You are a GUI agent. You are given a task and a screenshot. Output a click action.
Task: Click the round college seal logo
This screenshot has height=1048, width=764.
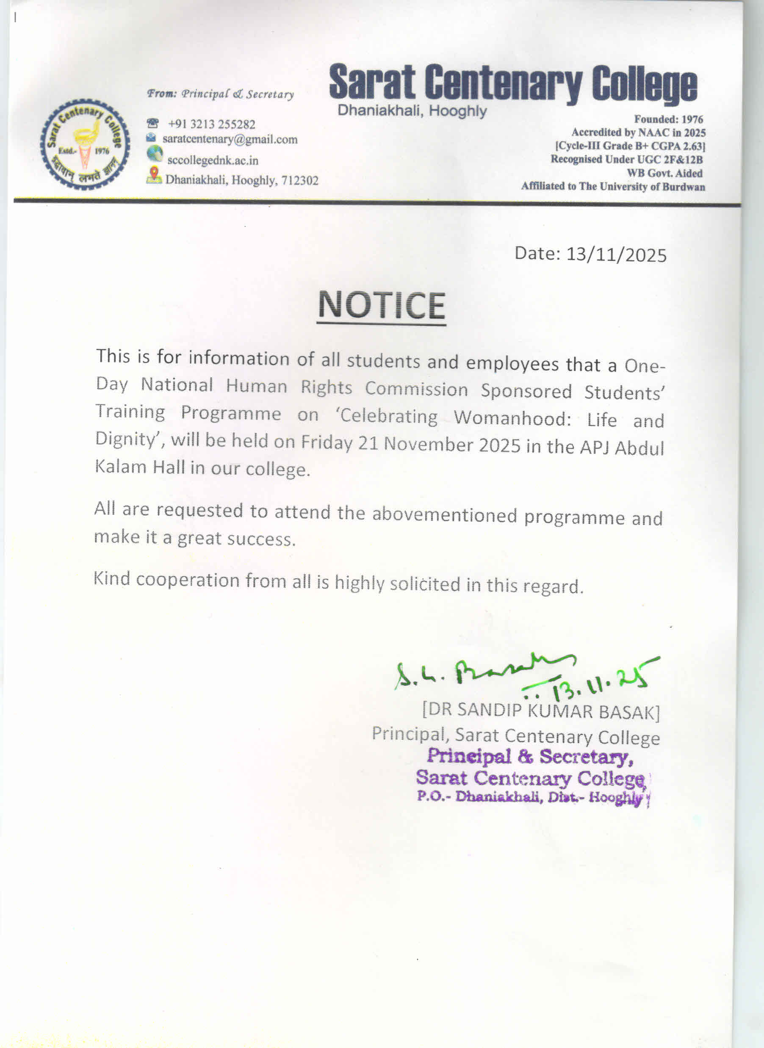point(85,144)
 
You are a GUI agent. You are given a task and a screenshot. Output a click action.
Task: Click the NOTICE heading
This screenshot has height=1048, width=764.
point(382,305)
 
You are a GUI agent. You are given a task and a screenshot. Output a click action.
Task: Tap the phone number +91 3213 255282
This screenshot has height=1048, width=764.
point(211,124)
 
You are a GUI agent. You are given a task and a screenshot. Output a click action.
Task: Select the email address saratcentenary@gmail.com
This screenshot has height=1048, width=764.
point(230,139)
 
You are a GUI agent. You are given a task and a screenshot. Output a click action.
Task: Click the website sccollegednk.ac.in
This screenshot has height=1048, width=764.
point(213,160)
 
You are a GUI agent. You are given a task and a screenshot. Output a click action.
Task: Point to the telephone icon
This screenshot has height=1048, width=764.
point(152,123)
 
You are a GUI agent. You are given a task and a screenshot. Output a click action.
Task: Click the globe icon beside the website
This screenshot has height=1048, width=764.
point(155,153)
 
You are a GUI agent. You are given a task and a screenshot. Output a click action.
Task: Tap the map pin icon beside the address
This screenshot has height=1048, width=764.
point(154,175)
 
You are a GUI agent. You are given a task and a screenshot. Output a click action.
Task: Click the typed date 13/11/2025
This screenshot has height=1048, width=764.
point(616,255)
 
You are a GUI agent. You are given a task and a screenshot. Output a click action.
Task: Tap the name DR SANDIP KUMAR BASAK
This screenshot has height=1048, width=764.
point(541,711)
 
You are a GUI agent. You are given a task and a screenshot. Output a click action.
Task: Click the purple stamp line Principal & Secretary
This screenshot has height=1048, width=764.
point(529,757)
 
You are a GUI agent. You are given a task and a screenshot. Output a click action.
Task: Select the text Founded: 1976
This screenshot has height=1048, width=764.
point(668,119)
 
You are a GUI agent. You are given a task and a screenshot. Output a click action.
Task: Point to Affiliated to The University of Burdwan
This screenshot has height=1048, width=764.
point(613,186)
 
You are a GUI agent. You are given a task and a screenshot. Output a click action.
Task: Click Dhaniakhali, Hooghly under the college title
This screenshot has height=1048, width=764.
point(412,111)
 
